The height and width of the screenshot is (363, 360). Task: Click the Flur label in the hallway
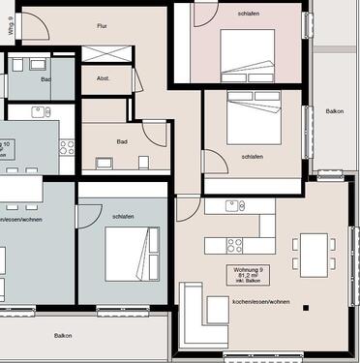(102, 26)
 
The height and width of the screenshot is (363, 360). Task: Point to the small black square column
(306, 308)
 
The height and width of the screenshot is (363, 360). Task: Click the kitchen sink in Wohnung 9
(233, 205)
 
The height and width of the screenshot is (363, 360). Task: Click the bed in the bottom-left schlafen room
(132, 253)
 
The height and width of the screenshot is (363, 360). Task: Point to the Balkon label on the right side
(335, 111)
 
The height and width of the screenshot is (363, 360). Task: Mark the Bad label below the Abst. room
(122, 141)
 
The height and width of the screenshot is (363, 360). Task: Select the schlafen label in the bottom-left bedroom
(122, 216)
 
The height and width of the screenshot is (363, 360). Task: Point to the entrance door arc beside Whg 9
(35, 27)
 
